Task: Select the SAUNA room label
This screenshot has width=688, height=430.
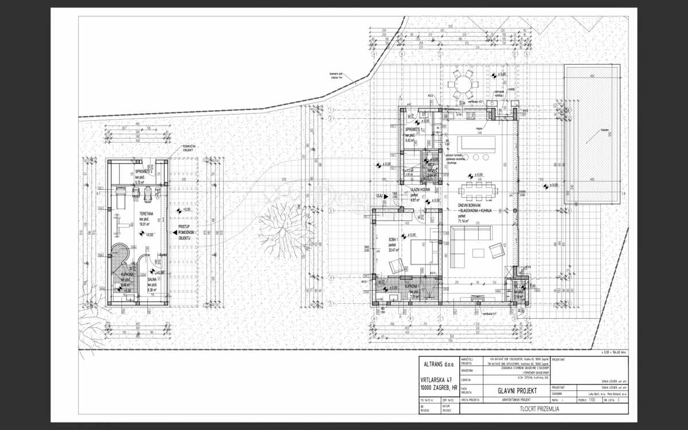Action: pos(152,280)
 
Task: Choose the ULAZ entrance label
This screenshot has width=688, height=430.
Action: pos(379,196)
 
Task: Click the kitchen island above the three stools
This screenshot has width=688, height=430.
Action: pos(479,141)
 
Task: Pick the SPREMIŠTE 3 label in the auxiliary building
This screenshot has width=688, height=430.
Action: pos(143,171)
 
